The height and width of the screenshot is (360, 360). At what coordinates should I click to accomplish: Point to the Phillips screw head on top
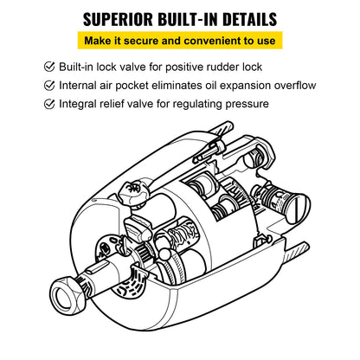pos(132,185)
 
